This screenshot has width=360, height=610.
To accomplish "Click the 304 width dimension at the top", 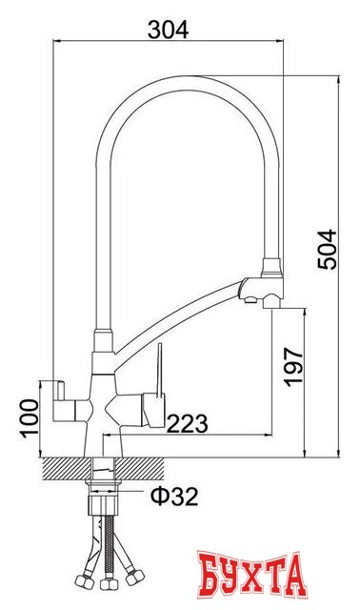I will pyautogui.click(x=169, y=29).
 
